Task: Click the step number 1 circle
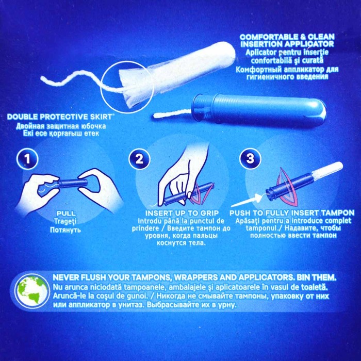27,159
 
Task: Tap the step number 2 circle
139,159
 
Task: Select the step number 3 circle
250,159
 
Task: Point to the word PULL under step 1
66,213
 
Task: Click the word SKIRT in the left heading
101,117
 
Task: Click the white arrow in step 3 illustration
247,200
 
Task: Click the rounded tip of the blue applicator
322,112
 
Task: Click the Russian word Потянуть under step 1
65,230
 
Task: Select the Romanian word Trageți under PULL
66,221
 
